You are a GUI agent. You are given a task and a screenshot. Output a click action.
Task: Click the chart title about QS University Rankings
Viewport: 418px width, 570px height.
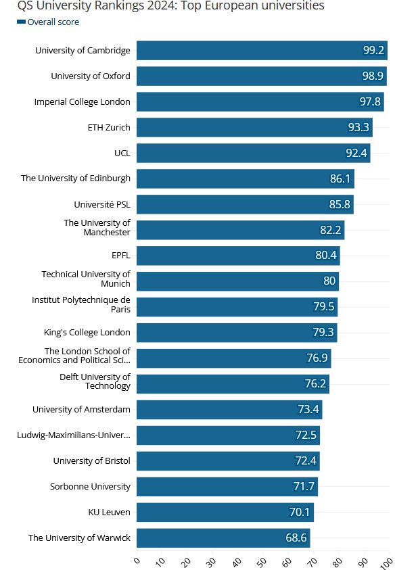tap(171, 6)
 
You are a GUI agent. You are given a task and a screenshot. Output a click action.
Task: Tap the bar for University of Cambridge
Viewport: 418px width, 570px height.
tap(261, 50)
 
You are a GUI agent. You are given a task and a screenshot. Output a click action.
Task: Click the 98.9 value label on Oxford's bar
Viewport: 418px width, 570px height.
tap(373, 76)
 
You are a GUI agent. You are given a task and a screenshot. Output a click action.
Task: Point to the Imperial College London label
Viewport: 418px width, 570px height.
tap(83, 101)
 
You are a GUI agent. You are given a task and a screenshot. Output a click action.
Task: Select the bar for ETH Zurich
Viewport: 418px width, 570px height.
tap(254, 127)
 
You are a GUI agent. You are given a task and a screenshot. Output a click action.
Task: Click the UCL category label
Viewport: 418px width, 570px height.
tap(122, 153)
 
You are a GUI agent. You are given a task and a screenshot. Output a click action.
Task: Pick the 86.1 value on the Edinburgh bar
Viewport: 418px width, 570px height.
tap(340, 179)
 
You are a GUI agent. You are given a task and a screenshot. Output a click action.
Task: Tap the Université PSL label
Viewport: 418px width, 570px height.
tap(102, 204)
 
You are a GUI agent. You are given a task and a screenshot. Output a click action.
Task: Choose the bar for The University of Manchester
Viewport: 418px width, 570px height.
tap(240, 230)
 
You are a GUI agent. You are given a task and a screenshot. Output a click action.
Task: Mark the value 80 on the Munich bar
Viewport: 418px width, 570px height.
tap(329, 281)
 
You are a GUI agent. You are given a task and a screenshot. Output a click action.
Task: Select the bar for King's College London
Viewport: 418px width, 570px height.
tap(237, 333)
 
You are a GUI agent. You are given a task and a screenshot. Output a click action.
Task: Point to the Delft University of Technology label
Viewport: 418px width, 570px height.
tap(95, 381)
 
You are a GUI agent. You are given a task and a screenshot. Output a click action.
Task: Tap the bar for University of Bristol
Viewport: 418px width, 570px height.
tap(228, 461)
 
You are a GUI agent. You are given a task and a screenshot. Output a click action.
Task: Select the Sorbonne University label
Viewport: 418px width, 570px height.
tap(90, 486)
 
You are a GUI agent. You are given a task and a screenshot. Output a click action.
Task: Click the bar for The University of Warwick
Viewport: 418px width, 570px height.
tap(223, 538)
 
